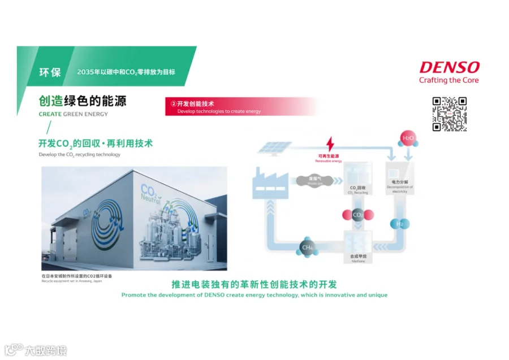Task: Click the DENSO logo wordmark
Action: point(449,67)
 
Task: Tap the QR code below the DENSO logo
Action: point(450,114)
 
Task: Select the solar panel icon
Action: point(275,147)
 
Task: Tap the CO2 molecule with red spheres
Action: point(358,215)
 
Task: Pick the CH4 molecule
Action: point(308,247)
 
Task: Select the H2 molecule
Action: point(400,224)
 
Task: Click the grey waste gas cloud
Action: point(312,181)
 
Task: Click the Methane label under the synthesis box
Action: point(357,262)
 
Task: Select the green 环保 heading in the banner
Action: point(49,72)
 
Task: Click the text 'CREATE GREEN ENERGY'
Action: point(73,114)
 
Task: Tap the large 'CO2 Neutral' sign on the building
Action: point(150,194)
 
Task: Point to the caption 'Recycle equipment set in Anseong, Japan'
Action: point(72,281)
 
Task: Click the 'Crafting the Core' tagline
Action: point(448,80)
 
